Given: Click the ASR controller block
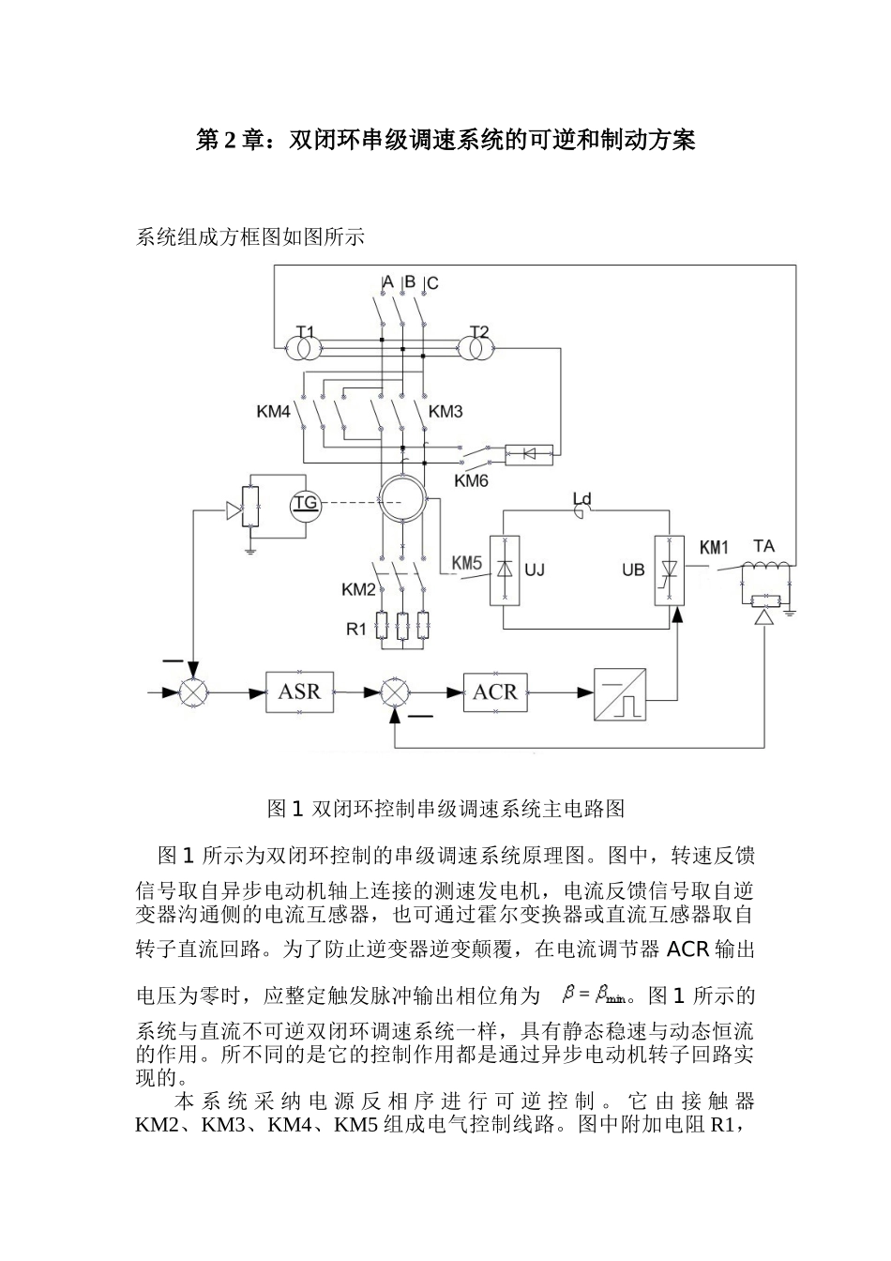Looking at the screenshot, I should (299, 692).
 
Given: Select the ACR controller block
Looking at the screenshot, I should (494, 692).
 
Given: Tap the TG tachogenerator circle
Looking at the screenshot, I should (306, 504).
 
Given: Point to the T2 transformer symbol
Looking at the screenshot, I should (477, 348).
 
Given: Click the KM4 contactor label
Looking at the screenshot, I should (274, 411).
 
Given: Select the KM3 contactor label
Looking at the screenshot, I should (445, 411).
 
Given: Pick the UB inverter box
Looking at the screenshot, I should (669, 570).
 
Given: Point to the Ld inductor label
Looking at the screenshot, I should (582, 498).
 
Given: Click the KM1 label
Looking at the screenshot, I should (715, 547).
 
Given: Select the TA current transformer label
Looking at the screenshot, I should (764, 546).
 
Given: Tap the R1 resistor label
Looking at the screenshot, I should (356, 630).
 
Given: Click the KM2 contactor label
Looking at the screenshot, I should (358, 590).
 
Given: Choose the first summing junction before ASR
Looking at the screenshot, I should (194, 692).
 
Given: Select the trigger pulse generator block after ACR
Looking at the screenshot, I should (620, 694).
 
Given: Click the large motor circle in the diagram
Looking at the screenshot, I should (403, 499).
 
